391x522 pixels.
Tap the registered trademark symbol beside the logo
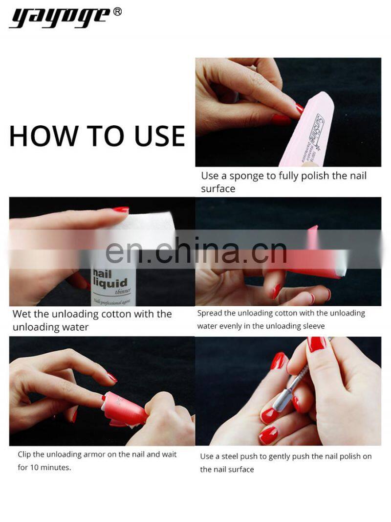tap(117, 11)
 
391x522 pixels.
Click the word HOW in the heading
tap(38, 136)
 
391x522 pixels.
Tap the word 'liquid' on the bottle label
tap(110, 283)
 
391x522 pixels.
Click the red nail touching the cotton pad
tap(120, 210)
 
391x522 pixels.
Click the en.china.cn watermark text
tap(196, 250)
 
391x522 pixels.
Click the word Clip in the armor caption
tap(25, 454)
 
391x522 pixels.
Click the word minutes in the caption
tap(57, 467)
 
